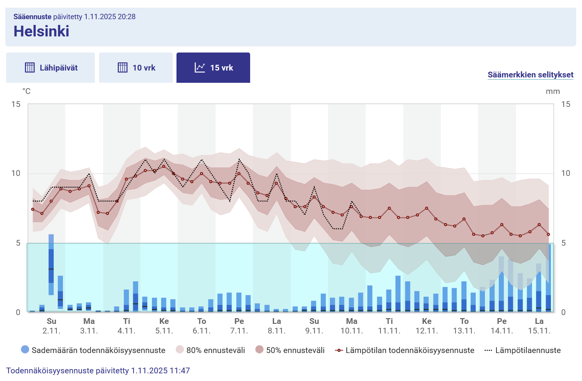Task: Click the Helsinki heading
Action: point(41,31)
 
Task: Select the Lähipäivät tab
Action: point(51,68)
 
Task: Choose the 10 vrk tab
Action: point(136,68)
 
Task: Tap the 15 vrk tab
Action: point(213,68)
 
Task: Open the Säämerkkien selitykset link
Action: point(530,75)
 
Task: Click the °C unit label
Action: point(26,91)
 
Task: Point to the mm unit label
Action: point(552,91)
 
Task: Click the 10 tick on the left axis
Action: point(16,173)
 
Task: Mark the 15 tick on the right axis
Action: point(566,104)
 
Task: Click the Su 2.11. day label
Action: point(51,325)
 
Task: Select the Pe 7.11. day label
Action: point(239,325)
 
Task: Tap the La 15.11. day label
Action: point(539,325)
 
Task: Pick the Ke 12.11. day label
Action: point(427,325)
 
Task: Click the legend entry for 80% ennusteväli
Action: point(210,350)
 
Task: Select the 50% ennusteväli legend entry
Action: point(290,350)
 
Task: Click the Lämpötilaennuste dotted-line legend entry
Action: point(523,350)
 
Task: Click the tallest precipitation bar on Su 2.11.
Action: point(51,264)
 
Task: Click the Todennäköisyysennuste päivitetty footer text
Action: point(98,371)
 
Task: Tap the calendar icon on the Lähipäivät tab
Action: point(30,67)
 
